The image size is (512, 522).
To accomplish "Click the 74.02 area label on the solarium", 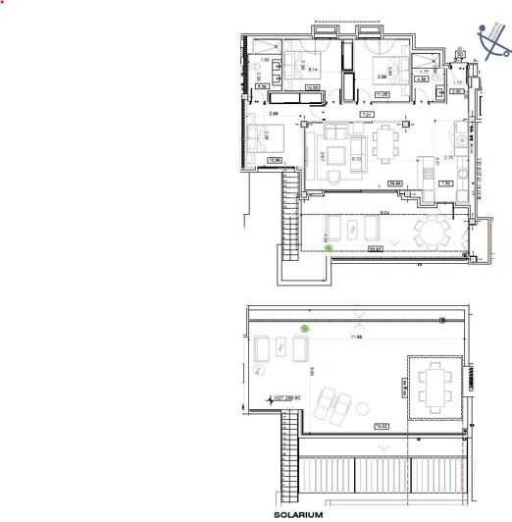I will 381,425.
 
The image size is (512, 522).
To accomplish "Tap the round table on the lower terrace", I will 432,234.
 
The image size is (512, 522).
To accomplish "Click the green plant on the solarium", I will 305,330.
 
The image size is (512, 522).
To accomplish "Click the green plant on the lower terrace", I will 329,248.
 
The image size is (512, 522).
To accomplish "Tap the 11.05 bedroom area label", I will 382,94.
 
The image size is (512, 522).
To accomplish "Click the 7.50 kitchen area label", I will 443,183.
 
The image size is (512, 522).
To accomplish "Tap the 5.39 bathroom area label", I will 263,86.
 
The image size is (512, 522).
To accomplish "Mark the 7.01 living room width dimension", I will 366,116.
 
